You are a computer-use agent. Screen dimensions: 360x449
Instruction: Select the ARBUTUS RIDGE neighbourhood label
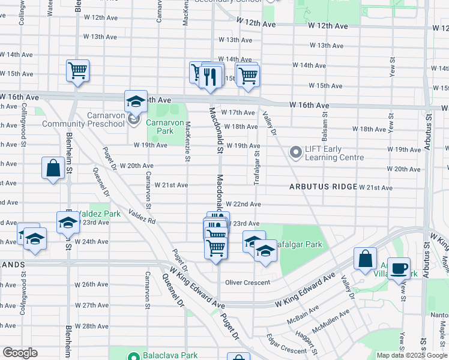[323, 187]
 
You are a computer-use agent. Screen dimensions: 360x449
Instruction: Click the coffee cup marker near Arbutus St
[399, 268]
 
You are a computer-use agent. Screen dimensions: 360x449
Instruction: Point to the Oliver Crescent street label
[248, 283]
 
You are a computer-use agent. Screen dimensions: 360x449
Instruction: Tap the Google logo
[20, 353]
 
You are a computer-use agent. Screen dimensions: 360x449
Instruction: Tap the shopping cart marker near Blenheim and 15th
[78, 71]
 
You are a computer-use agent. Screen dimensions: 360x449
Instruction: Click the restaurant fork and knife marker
[209, 76]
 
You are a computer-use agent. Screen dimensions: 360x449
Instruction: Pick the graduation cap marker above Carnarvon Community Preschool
[136, 101]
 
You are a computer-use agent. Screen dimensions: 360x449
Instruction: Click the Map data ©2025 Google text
[411, 355]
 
